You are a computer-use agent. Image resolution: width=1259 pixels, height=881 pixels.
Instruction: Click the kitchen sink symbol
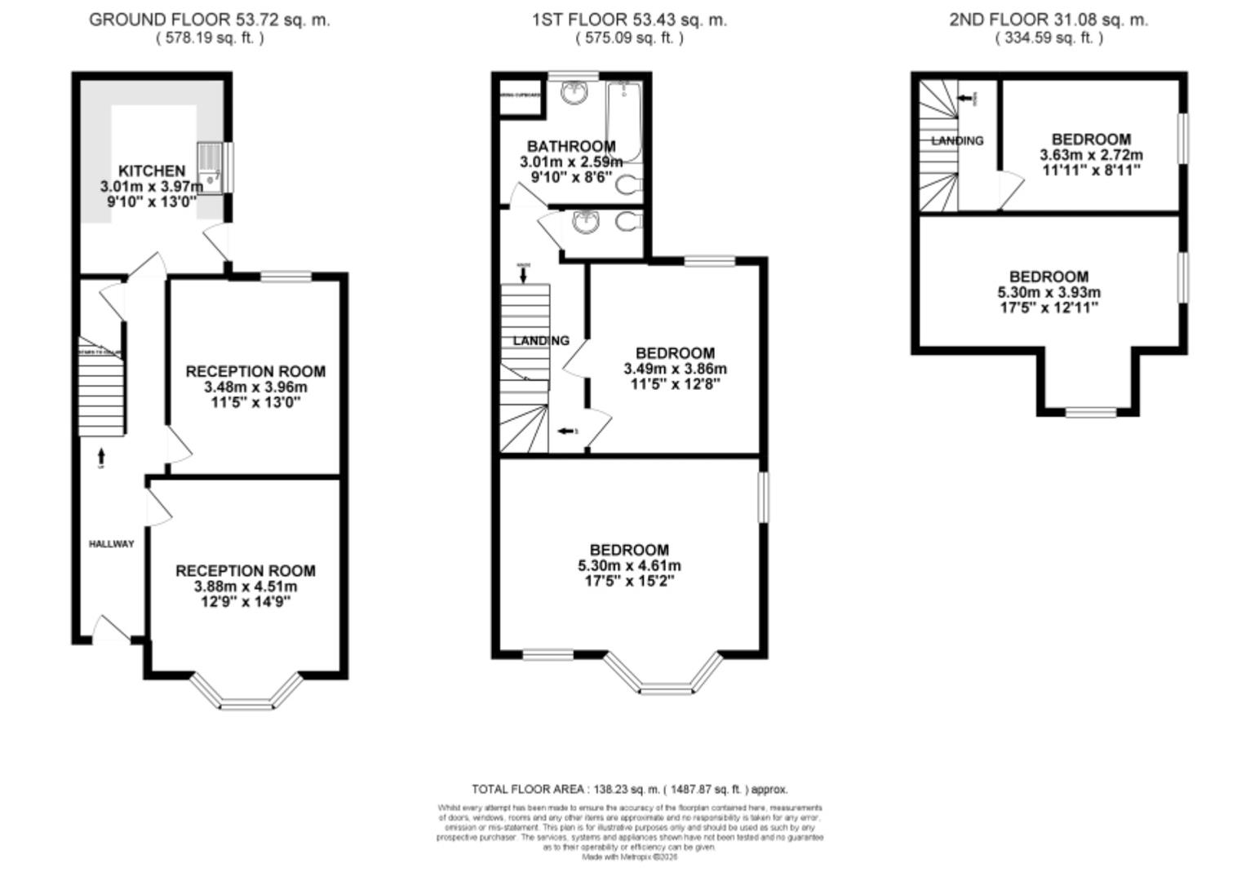point(210,168)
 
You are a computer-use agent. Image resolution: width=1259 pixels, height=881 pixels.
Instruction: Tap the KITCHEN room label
point(152,170)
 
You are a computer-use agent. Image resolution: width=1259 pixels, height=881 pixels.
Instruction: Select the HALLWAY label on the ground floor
point(111,544)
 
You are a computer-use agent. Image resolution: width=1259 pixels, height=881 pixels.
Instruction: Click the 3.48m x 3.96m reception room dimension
point(255,387)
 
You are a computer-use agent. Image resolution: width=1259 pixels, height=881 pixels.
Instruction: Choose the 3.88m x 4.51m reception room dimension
point(245,587)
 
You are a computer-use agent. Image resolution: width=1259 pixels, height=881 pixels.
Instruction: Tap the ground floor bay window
point(246,693)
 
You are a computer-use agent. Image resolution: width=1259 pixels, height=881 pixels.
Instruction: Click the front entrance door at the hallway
point(110,630)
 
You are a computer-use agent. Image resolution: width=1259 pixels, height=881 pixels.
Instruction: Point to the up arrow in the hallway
point(101,454)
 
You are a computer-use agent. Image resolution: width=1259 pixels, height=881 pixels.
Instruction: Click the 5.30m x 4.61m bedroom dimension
point(629,565)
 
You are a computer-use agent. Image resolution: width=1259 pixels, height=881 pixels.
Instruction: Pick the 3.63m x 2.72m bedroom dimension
point(1091,155)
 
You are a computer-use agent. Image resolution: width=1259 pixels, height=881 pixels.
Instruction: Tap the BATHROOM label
point(571,146)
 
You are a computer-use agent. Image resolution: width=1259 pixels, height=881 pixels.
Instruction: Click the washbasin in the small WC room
point(586,221)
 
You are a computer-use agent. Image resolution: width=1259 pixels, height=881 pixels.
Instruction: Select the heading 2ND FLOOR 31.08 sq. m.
point(1048,20)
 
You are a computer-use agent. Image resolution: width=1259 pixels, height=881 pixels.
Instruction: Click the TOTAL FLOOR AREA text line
point(629,789)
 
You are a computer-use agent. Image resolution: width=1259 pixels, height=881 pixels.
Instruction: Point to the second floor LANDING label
point(957,140)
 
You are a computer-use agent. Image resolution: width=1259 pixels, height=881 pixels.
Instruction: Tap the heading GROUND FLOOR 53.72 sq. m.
point(210,20)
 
